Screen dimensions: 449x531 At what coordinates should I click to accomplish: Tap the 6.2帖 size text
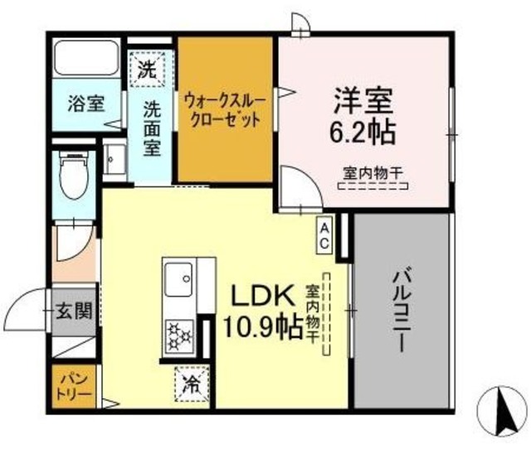pos(362,132)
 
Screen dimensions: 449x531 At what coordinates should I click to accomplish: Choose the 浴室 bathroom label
pos(86,104)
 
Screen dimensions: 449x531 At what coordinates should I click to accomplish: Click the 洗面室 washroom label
pos(151,128)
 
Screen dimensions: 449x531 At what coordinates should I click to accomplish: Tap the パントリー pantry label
pos(76,386)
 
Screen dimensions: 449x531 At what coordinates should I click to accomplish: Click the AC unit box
pos(324,234)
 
